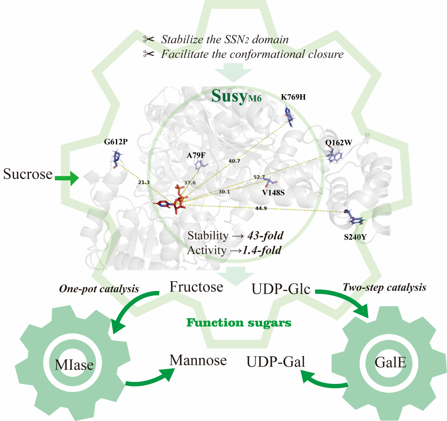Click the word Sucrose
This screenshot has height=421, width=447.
tap(28, 174)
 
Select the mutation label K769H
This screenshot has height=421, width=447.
tap(293, 97)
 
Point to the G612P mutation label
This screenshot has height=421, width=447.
tap(116, 141)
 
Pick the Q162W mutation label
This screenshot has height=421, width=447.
tap(338, 142)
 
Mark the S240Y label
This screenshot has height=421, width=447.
tap(355, 236)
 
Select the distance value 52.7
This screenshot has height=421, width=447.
tap(259, 177)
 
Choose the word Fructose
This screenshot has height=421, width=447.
tap(196, 287)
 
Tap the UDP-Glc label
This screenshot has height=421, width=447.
tap(281, 288)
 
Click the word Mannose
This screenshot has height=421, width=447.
tap(198, 360)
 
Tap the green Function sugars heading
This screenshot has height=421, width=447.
tap(239, 323)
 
